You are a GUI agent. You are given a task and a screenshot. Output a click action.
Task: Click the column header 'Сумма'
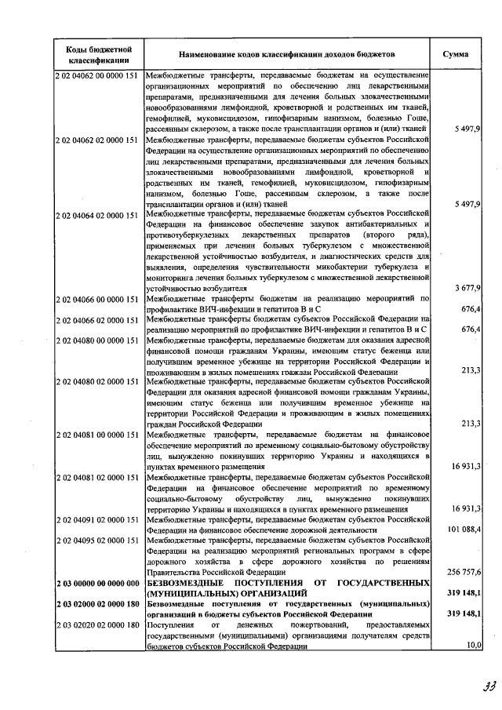coord(457,54)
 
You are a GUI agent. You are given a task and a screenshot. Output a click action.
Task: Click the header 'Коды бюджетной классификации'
coord(98,54)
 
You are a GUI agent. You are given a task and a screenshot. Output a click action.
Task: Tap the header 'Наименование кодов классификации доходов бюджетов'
coord(288,54)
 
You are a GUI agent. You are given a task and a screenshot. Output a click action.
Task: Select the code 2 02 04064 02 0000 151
coord(98,213)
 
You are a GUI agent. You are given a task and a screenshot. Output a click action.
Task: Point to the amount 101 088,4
coord(464,530)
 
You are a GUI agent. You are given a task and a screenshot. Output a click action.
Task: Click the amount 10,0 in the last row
coord(472,646)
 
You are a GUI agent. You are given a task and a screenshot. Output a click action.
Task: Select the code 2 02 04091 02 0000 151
coord(98,519)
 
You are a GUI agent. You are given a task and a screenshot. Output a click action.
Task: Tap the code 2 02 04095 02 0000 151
coord(98,541)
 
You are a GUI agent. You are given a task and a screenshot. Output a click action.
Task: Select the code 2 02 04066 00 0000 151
coord(98,298)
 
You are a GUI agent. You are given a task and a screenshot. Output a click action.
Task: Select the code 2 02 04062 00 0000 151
coord(98,75)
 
